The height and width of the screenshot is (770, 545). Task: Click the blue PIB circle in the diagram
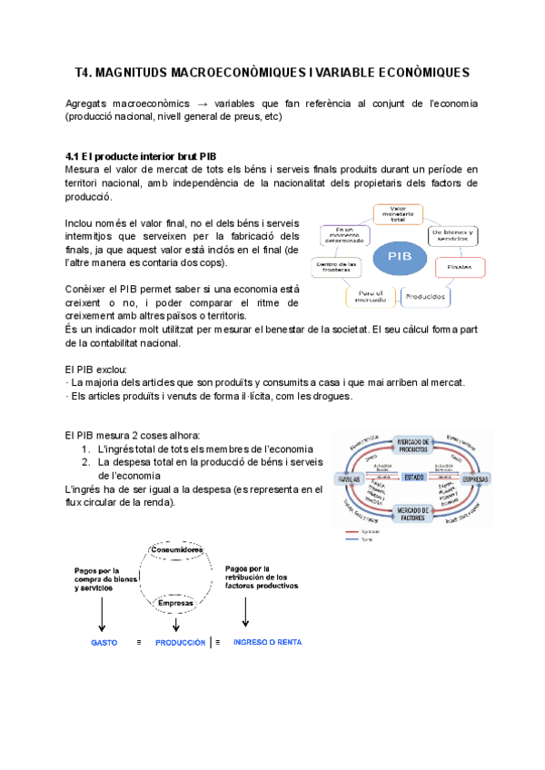point(399,257)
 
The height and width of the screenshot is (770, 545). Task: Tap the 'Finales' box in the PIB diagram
point(460,267)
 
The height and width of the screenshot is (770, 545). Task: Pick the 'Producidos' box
point(424,296)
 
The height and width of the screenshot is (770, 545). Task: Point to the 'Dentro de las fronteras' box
point(336,267)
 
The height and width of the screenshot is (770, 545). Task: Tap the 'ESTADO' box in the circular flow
point(414,477)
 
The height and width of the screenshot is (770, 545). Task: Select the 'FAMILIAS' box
point(350,479)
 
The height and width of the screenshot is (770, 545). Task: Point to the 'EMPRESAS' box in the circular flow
point(475,479)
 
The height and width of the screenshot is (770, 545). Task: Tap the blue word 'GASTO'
point(104,642)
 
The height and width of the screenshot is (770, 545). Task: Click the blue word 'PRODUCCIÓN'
point(180,642)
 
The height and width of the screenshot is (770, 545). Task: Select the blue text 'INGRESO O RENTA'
point(268,642)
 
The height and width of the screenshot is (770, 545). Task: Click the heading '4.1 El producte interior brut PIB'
point(141,156)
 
